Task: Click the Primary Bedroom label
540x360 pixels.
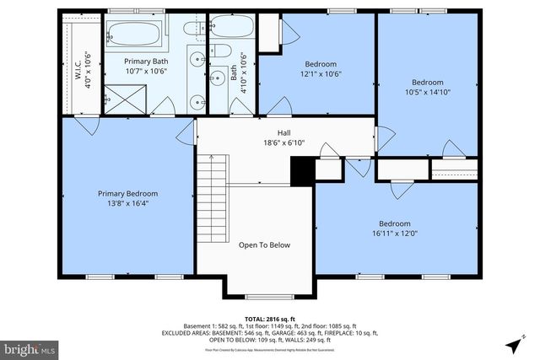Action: pyautogui.click(x=127, y=193)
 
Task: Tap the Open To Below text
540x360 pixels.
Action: pyautogui.click(x=264, y=245)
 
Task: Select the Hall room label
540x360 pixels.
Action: pyautogui.click(x=284, y=132)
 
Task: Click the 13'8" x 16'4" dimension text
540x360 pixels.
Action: pyautogui.click(x=127, y=203)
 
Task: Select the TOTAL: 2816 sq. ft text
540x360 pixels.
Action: pyautogui.click(x=270, y=318)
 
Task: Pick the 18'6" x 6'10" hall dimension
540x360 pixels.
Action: pyautogui.click(x=284, y=142)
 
